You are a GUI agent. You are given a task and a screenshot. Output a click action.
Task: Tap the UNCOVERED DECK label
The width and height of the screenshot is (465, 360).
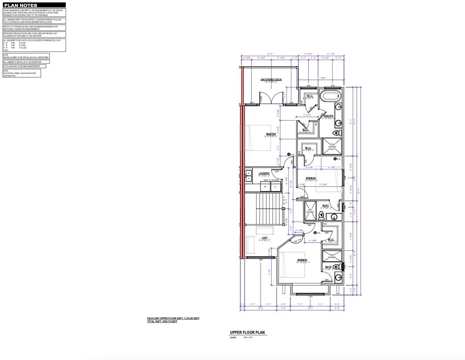271,80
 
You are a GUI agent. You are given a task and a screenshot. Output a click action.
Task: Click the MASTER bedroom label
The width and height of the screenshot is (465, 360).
271,134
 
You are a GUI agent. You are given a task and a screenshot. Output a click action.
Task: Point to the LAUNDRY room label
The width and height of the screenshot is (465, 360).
264,173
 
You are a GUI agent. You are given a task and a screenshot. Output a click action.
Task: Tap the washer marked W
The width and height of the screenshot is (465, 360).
266,187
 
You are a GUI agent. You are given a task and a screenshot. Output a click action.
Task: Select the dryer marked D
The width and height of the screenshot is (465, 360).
276,187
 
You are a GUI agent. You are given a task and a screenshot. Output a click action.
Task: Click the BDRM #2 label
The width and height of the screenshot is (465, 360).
310,178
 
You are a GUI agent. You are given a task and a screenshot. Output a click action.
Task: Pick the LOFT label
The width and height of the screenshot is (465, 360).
264,238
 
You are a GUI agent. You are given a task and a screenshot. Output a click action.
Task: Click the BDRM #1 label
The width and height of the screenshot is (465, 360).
290,260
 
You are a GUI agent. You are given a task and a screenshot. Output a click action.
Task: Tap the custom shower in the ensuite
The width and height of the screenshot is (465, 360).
332,146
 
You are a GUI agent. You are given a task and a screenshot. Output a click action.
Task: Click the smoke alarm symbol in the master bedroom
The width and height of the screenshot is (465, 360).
289,154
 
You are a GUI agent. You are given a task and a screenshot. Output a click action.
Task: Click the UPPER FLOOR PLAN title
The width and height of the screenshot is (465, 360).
247,333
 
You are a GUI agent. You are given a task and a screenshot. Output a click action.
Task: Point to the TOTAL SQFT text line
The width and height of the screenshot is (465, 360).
162,322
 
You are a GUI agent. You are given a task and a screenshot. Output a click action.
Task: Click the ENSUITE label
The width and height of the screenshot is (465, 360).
328,116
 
